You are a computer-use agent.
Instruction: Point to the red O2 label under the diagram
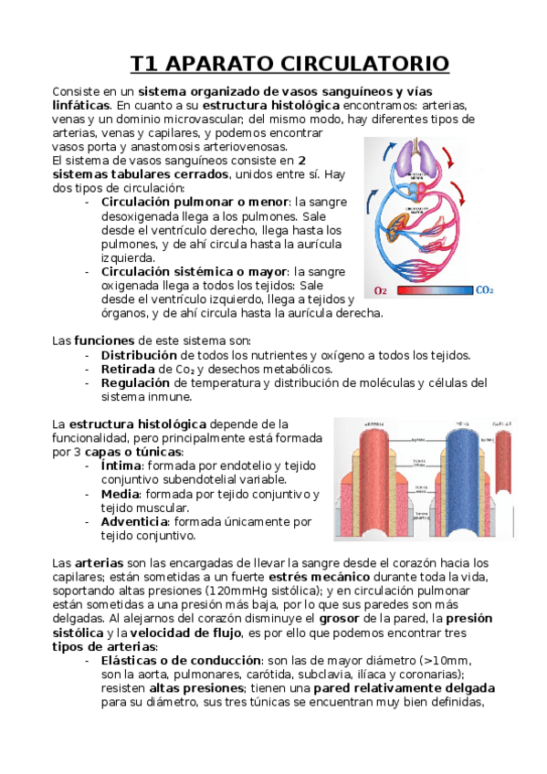(381, 291)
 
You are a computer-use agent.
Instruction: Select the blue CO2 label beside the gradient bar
(485, 290)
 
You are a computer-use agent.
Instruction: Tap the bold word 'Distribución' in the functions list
(139, 354)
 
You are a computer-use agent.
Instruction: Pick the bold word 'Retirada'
(128, 369)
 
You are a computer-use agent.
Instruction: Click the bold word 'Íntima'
(121, 466)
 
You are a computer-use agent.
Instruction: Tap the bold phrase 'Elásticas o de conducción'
(182, 661)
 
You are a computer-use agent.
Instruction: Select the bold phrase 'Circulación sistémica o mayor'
(195, 272)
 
